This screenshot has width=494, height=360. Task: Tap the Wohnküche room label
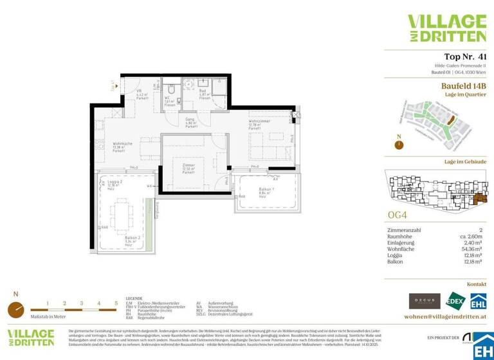point(122,146)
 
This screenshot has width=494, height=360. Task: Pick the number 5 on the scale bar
point(116,302)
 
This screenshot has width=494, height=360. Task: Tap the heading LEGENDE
point(134,299)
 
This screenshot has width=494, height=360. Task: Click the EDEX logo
point(454,300)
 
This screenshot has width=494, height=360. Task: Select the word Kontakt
point(477,283)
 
